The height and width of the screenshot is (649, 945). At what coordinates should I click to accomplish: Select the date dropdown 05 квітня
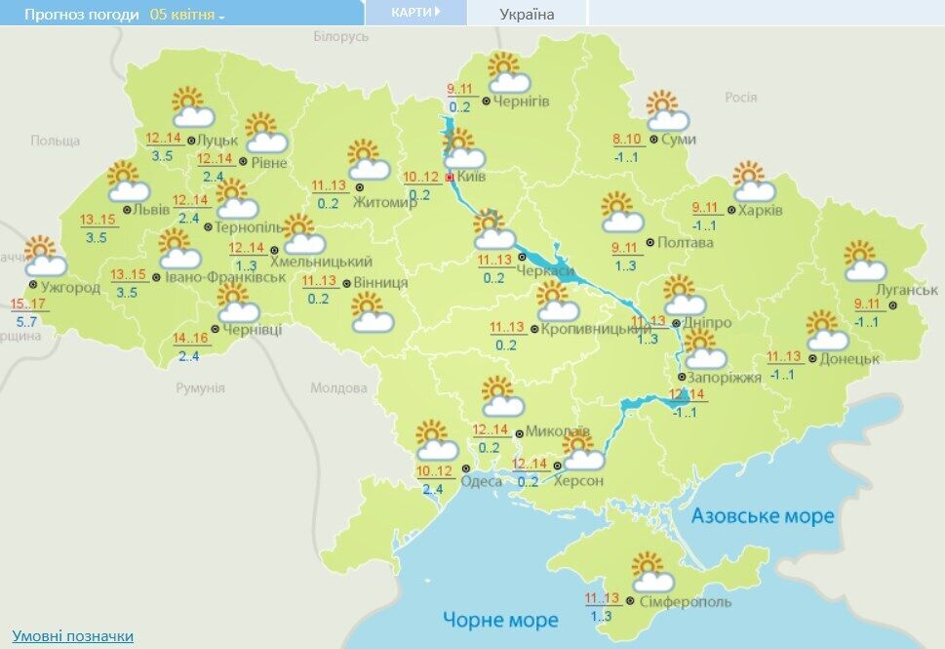coord(187,16)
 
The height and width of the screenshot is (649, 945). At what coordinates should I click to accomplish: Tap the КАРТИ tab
coord(413,13)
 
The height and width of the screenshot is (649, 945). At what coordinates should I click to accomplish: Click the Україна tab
coord(527,14)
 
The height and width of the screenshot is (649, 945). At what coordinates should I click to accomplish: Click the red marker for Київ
coord(450,178)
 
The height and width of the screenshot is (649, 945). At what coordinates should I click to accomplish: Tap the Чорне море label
coord(500,620)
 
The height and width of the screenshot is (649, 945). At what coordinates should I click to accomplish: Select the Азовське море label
coord(763,515)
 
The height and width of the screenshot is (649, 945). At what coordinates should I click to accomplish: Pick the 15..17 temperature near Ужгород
coord(27,304)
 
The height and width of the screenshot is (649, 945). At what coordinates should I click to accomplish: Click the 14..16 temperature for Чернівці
coord(191,339)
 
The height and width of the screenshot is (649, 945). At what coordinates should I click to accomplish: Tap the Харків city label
coord(761,210)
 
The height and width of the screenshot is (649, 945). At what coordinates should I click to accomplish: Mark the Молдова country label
coord(338,387)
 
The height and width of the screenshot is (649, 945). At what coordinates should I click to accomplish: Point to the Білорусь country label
coord(341,36)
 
